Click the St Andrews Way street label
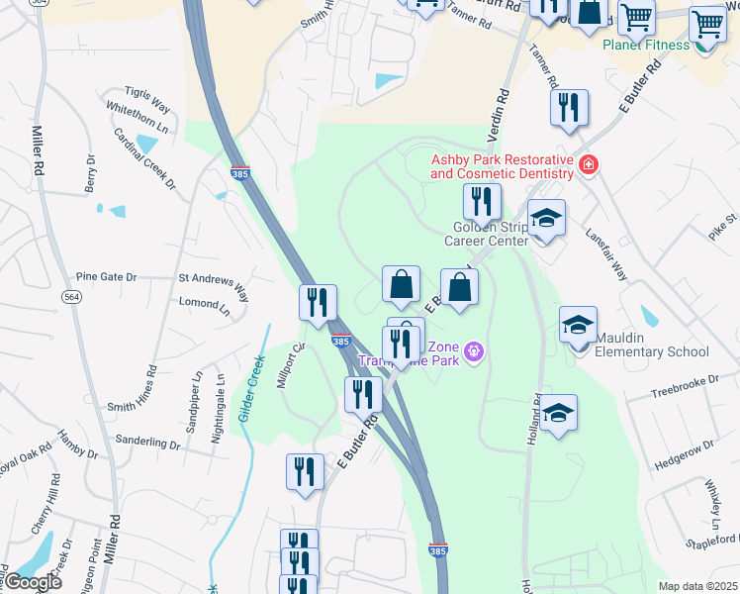point(213,280)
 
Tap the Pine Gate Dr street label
point(106,278)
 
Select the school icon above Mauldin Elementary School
point(579,323)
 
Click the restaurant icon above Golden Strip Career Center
point(482,201)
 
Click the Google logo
point(34,582)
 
